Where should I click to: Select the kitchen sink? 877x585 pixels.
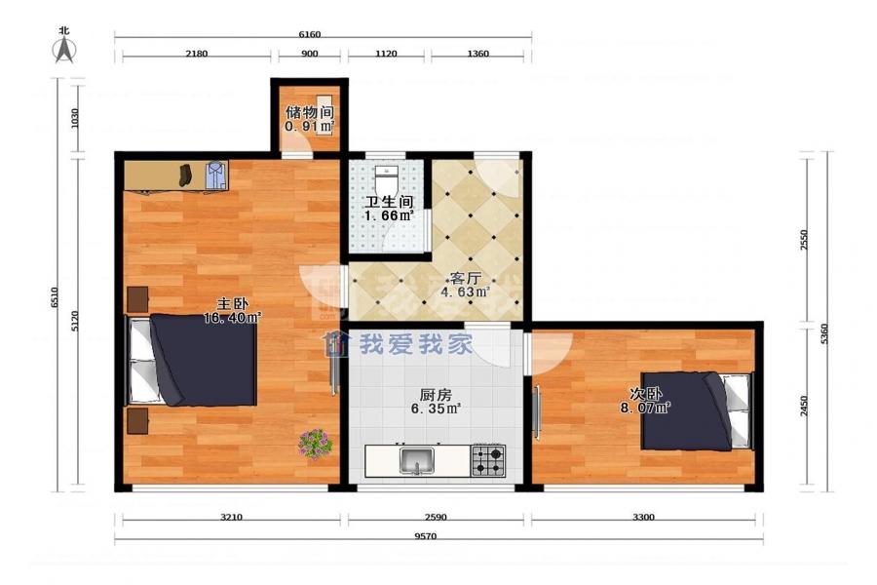click(417, 460)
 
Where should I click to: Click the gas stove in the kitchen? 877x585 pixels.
click(488, 460)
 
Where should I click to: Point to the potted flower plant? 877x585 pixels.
click(316, 444)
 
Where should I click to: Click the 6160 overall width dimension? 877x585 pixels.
click(309, 34)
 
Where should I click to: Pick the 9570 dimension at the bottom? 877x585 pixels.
click(425, 535)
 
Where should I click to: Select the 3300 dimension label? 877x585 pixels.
click(643, 517)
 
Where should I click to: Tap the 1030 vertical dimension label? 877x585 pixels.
click(75, 118)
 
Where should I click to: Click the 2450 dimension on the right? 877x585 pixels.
click(804, 406)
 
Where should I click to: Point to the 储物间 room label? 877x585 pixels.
click(309, 112)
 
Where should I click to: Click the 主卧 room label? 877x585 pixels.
click(233, 304)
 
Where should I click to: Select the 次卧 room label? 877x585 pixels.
click(644, 394)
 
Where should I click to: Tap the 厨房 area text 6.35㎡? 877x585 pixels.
click(436, 409)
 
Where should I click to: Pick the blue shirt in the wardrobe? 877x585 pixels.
click(216, 175)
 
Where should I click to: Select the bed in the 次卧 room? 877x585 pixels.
click(697, 410)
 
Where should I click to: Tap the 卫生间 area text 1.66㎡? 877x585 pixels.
click(389, 215)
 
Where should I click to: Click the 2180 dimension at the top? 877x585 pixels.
click(196, 54)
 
